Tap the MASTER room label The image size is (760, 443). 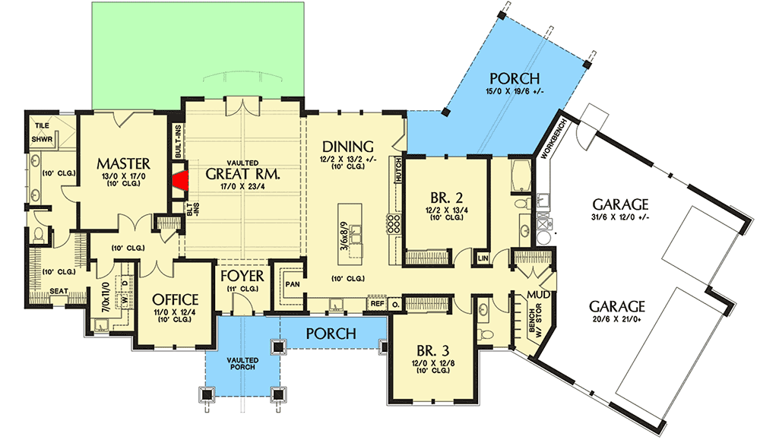point(124,163)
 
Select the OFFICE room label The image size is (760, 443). point(176,299)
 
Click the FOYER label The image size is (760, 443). point(242,275)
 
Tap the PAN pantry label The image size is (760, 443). point(293,284)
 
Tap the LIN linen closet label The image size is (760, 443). point(483,258)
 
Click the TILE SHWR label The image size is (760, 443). point(41,134)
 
